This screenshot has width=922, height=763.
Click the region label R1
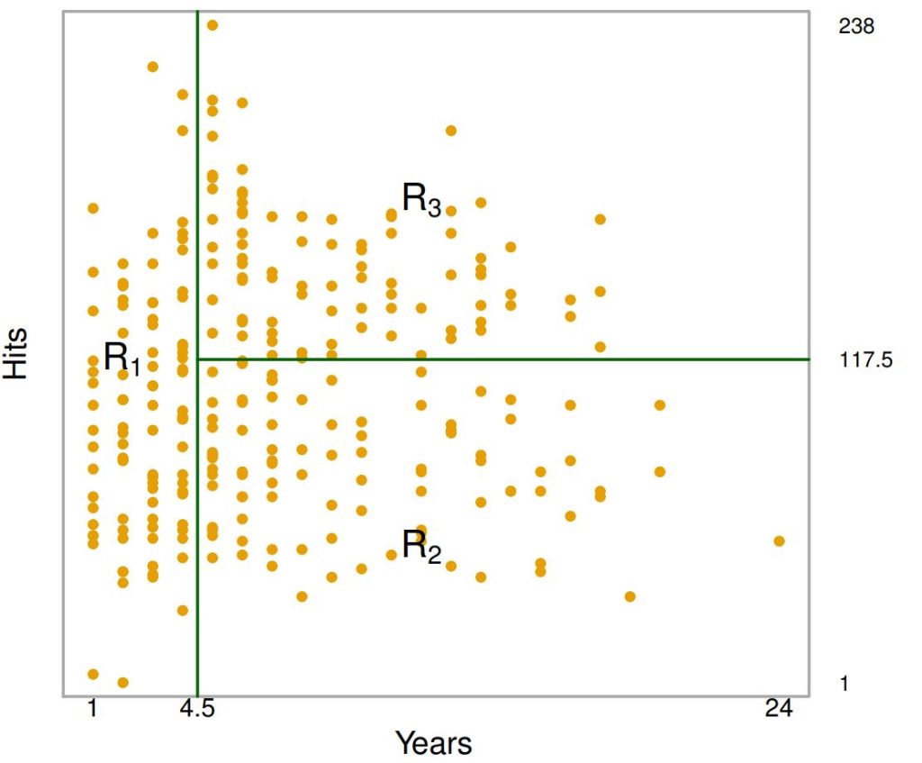coord(122,359)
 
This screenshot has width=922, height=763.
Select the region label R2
coord(420,546)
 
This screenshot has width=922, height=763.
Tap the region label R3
coord(420,198)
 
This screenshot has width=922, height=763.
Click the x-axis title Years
coord(433,743)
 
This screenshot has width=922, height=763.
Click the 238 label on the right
coord(855,26)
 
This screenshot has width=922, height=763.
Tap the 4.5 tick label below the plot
coord(197,709)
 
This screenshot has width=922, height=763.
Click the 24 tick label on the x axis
coord(779,709)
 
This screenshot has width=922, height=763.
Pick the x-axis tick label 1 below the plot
coord(92,709)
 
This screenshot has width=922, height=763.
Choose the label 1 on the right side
coord(844,684)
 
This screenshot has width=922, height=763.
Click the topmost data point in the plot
coord(212,25)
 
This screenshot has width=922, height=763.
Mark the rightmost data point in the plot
coord(779,540)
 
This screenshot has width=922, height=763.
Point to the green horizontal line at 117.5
coord(540,359)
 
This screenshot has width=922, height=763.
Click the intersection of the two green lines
coord(197,359)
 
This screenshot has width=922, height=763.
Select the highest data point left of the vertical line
coord(153,67)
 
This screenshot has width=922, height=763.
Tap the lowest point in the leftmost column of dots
coord(93,674)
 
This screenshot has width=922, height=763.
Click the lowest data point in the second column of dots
coord(123,682)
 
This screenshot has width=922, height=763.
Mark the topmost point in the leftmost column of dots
coord(93,208)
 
